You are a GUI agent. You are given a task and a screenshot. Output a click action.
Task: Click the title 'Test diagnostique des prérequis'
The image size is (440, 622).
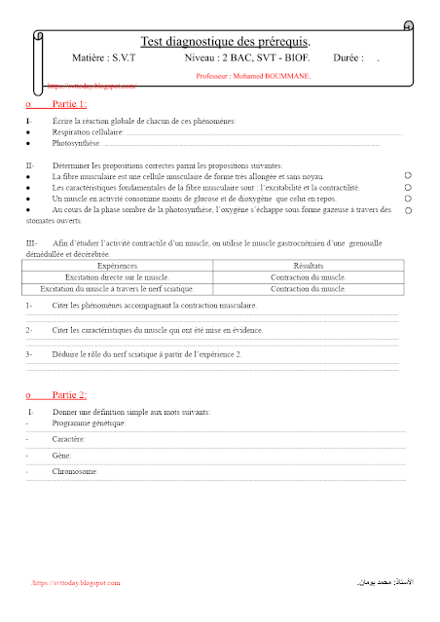[226, 42]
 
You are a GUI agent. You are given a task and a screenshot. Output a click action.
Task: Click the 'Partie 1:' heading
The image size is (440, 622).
[68, 103]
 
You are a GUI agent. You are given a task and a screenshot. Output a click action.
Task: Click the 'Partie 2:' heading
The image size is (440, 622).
[68, 394]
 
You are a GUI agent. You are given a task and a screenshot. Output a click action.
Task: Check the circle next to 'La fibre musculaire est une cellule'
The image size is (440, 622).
[408, 174]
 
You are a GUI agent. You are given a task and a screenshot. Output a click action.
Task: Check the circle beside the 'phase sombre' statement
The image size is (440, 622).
[408, 209]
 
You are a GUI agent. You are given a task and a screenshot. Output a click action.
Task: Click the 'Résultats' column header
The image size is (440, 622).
[308, 266]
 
